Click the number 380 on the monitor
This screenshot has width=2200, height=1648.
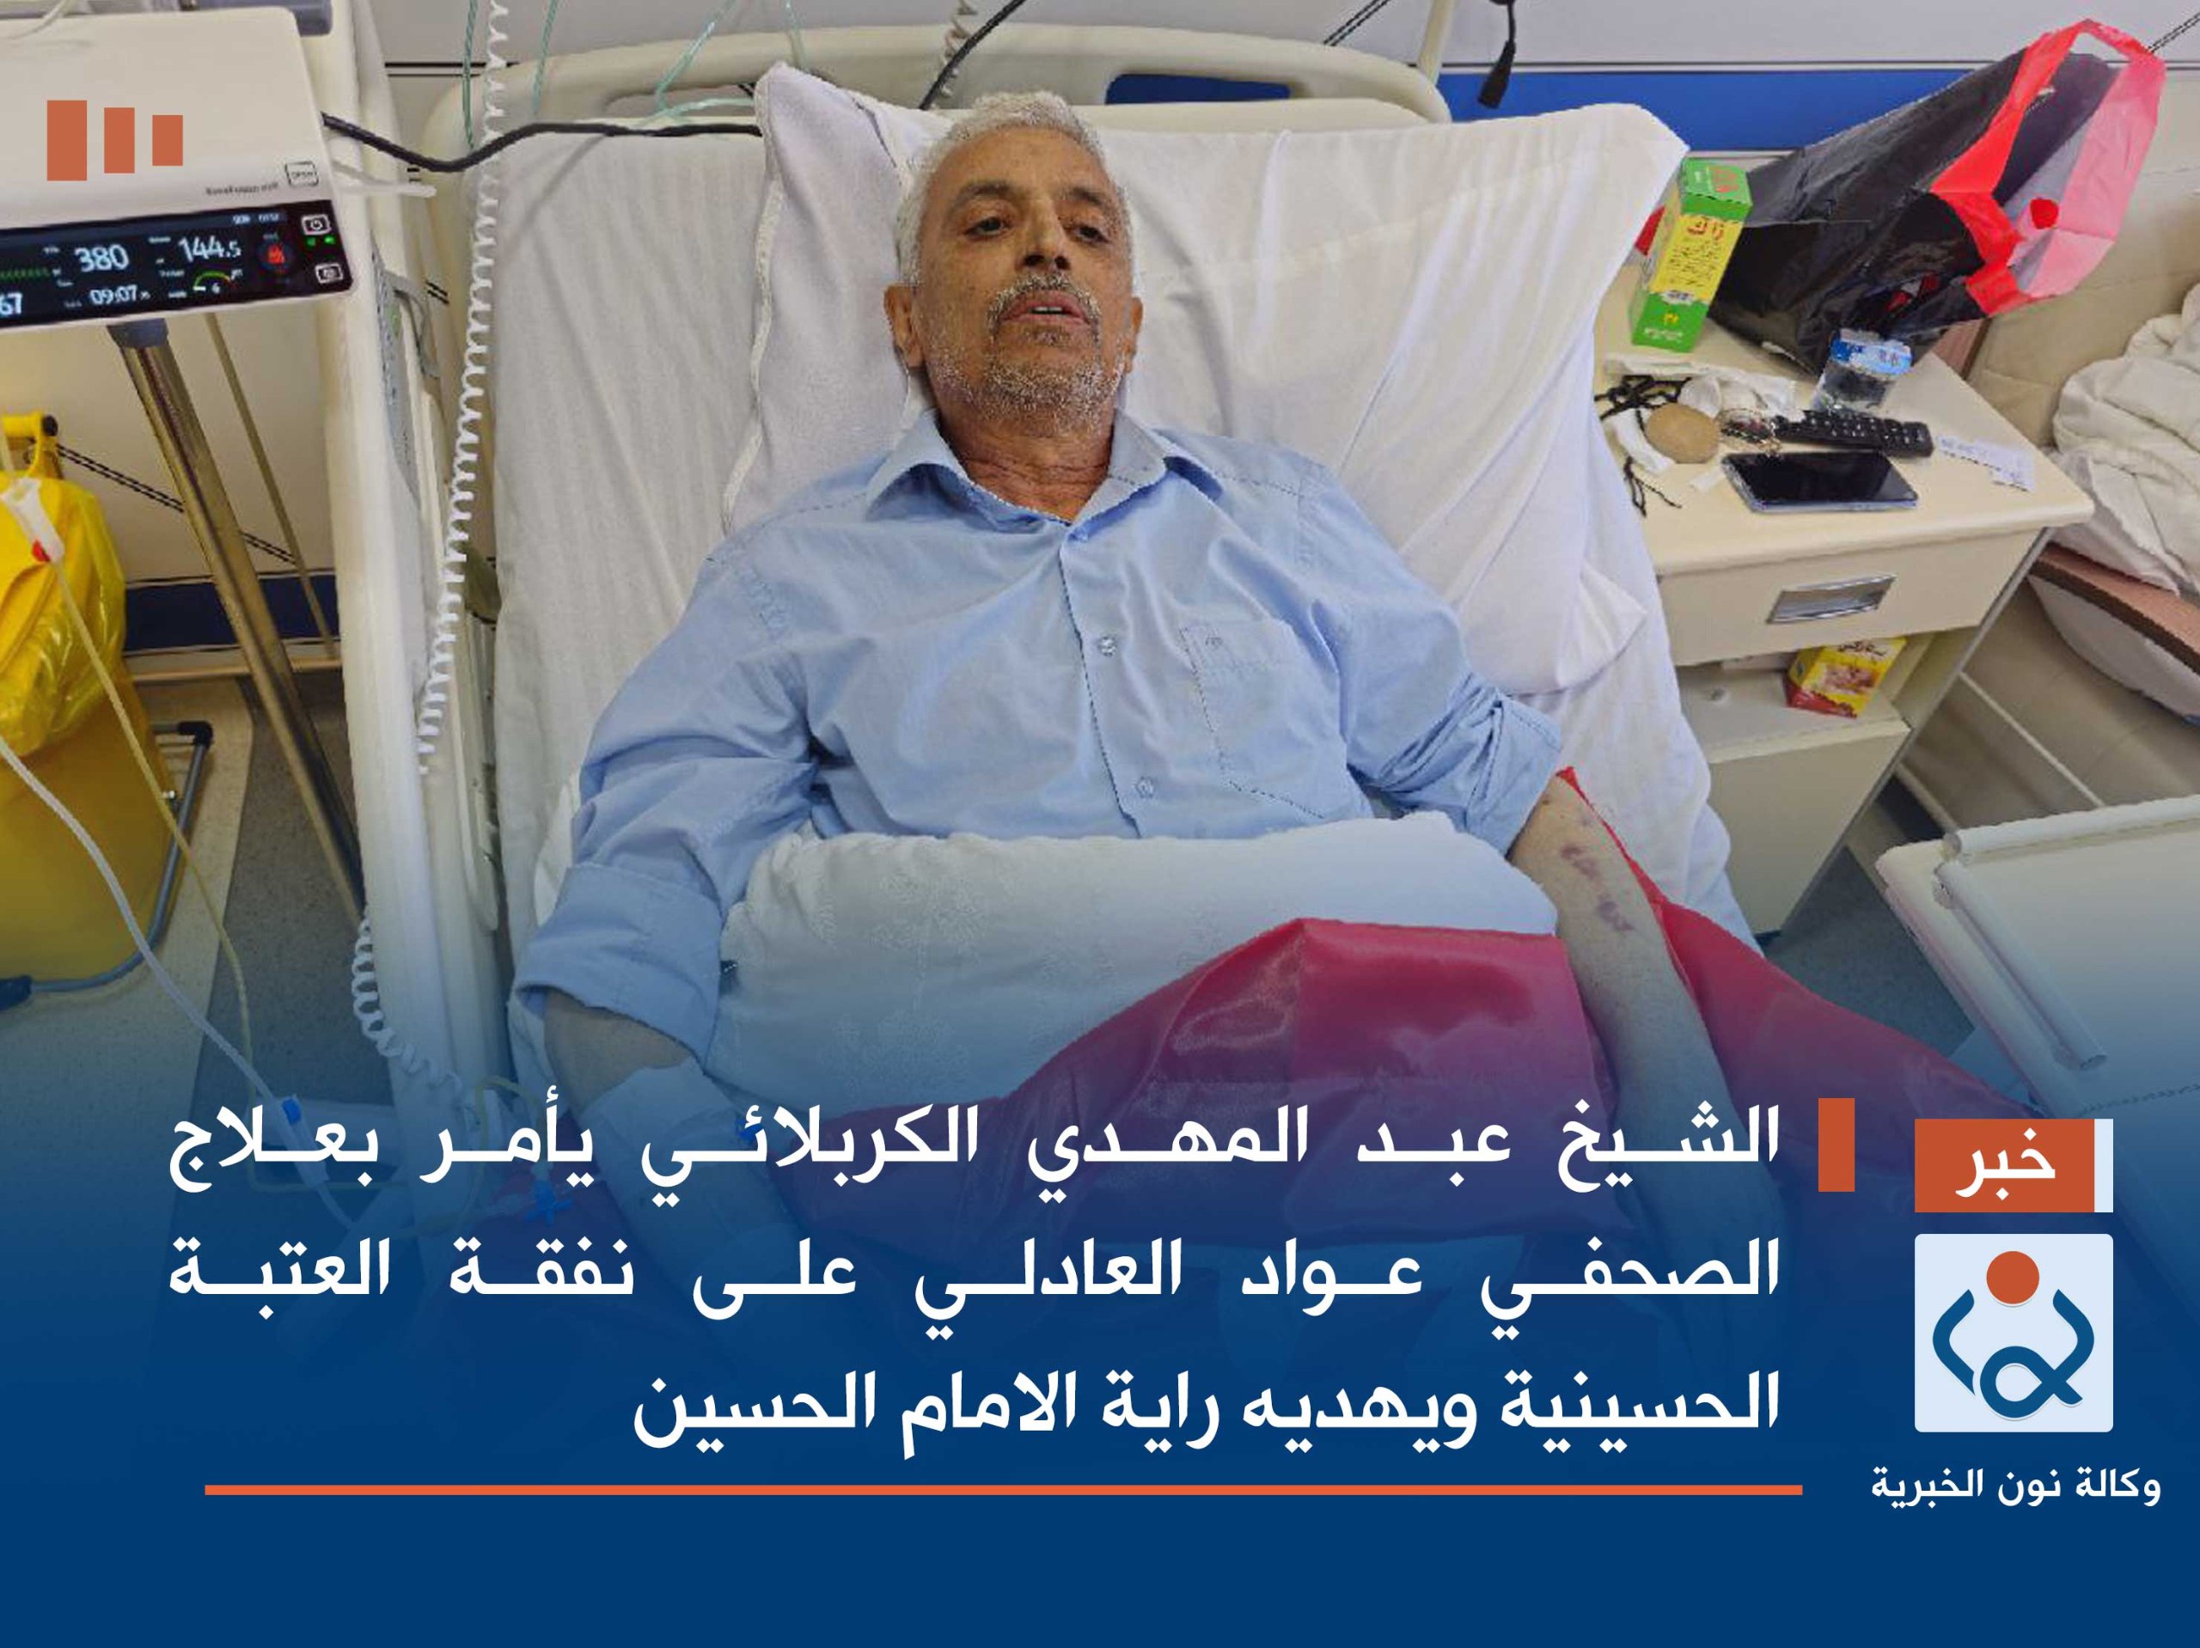tap(102, 259)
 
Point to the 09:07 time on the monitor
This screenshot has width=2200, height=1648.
tap(114, 296)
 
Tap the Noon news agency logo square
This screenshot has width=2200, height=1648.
tap(2013, 1332)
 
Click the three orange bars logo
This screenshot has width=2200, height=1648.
tap(114, 138)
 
